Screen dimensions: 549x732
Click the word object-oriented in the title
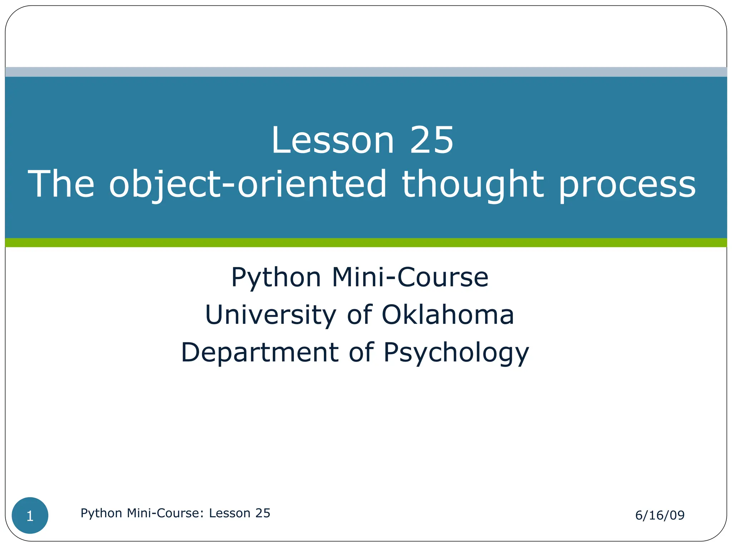point(248,184)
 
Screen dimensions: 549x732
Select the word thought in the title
point(473,184)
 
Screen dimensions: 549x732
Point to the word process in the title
point(627,184)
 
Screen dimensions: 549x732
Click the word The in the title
point(61,184)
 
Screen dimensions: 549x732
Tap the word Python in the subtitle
point(276,278)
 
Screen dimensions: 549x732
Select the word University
point(271,315)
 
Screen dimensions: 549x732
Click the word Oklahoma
point(447,315)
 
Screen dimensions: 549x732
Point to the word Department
point(260,352)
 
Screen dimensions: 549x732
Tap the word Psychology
point(456,353)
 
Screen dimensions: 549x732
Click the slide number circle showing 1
point(30,516)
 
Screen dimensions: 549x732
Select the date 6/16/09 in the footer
point(659,515)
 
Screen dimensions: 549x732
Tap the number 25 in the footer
point(263,513)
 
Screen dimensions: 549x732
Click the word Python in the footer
point(102,514)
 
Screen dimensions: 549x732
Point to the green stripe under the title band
point(366,243)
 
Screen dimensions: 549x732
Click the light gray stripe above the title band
point(366,72)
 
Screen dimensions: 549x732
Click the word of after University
point(360,315)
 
